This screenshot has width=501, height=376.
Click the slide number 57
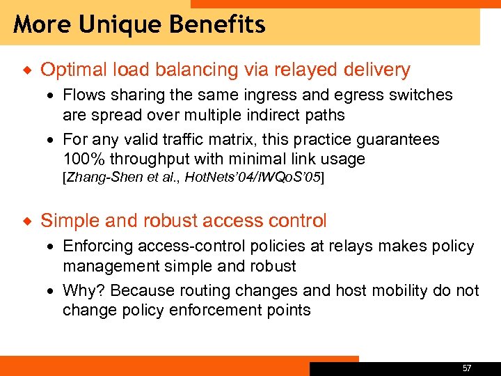click(466, 367)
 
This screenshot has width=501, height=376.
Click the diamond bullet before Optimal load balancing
click(27, 70)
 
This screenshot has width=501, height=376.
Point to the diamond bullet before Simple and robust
click(27, 221)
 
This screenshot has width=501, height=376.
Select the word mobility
click(401, 290)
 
